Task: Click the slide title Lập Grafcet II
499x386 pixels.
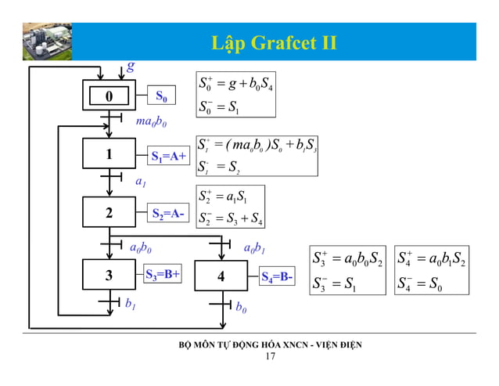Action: click(275, 41)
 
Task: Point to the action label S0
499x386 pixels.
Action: click(161, 97)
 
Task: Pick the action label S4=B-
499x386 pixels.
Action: click(277, 276)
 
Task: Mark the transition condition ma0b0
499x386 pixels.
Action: click(151, 122)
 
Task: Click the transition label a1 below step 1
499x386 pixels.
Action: click(142, 181)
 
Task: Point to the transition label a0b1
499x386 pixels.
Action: click(255, 249)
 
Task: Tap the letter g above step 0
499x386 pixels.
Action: click(131, 67)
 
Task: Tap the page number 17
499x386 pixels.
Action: click(271, 357)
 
